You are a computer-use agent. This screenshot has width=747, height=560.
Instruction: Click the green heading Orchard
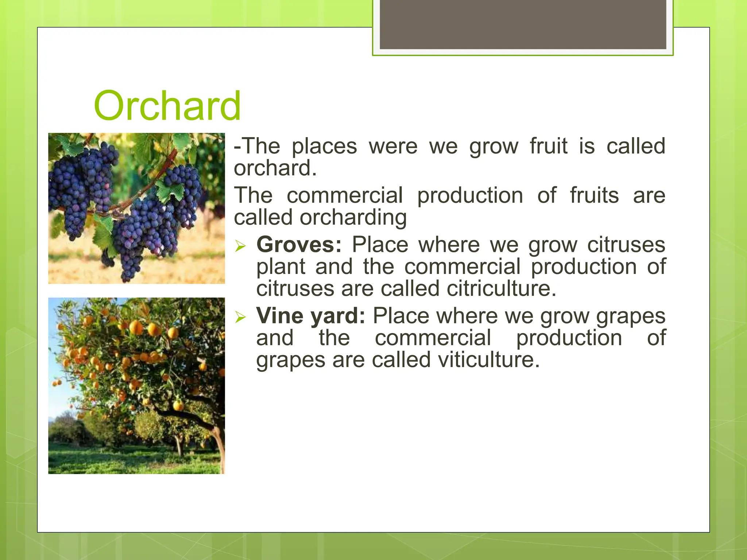point(167,106)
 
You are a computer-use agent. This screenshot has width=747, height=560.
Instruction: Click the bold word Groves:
point(299,245)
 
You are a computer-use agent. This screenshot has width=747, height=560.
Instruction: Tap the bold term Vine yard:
point(310,316)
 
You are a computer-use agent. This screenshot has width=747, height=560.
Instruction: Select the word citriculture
point(501,289)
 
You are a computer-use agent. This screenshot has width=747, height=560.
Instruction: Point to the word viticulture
point(488,360)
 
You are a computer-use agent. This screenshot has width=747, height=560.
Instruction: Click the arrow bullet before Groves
point(241,246)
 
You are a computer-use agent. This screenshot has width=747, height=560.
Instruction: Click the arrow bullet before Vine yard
point(241,317)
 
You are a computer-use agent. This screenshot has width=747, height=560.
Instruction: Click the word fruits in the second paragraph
point(594,195)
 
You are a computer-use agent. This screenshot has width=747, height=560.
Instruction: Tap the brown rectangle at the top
point(523,24)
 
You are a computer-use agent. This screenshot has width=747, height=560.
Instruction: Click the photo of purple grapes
point(136,208)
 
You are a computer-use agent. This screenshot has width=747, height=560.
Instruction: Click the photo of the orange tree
point(136,385)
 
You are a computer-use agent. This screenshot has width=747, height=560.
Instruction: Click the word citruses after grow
point(626,245)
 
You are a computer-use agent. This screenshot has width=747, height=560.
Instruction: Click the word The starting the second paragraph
point(253,195)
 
